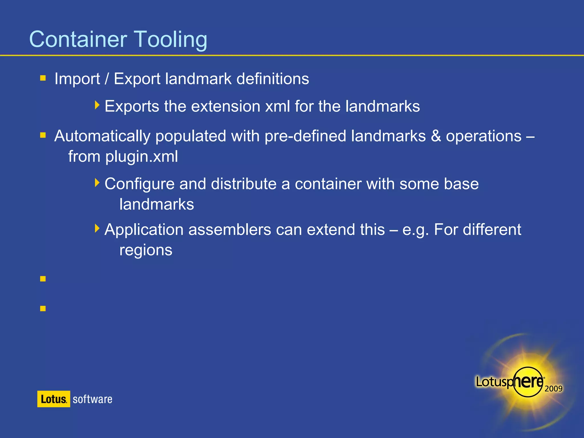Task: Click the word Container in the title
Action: coord(78,39)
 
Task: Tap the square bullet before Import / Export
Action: coord(43,78)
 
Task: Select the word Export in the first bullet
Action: coord(137,79)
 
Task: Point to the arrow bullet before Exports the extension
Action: coord(97,105)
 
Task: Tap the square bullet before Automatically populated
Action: coord(43,135)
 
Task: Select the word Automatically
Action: coord(102,136)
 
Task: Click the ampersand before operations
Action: coord(435,136)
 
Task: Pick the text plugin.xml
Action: coord(142,157)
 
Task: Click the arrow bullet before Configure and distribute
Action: coord(97,182)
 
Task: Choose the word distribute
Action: coord(244,184)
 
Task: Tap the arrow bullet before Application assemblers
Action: coord(97,228)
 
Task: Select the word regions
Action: coord(146,250)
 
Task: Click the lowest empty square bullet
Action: coord(43,309)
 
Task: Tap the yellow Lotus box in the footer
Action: coord(54,399)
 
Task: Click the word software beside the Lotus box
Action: coord(92,399)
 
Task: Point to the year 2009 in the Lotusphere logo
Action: coord(553,389)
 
